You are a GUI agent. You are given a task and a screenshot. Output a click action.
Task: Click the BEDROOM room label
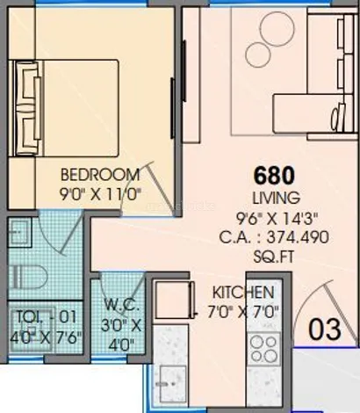coord(100,175)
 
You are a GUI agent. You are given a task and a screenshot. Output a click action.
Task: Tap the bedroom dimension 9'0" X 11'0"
coord(100,194)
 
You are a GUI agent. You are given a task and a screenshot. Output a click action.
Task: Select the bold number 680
coord(274,176)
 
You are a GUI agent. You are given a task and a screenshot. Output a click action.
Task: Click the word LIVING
coord(277,198)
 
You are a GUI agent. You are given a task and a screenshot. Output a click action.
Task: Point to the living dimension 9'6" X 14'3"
coord(277,217)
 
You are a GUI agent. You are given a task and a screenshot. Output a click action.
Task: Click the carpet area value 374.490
coord(298,237)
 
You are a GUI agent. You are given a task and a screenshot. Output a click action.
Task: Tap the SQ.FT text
coord(273,257)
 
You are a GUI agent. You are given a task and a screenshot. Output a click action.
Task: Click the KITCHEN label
coord(243,293)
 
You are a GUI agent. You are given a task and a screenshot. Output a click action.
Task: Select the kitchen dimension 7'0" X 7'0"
coord(243,312)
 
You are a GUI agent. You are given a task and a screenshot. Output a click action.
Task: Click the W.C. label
coord(121,306)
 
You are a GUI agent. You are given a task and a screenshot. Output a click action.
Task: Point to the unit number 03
coord(325,330)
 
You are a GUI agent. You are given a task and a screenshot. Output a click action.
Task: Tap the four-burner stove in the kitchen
coord(264,350)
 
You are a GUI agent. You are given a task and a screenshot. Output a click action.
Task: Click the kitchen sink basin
coord(169,384)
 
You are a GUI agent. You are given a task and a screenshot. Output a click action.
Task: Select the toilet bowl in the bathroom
coord(28,277)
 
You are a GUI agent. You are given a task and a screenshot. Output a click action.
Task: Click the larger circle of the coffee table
coord(277,29)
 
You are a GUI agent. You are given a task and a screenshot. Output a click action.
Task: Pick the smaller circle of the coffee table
coord(257,54)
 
